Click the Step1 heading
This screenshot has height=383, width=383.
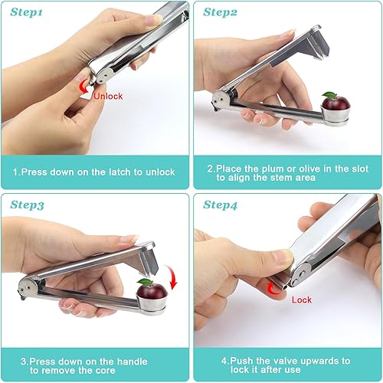(26, 12)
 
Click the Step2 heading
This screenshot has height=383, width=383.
(220, 12)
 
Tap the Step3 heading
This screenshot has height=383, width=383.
(27, 205)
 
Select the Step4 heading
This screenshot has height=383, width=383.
(220, 205)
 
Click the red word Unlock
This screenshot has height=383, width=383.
(108, 97)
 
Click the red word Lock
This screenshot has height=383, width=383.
(302, 300)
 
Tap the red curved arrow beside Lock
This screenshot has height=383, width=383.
(272, 289)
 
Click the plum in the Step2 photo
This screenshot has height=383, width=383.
(336, 103)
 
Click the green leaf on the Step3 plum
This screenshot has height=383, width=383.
(145, 282)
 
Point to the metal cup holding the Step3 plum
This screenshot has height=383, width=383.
(152, 303)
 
